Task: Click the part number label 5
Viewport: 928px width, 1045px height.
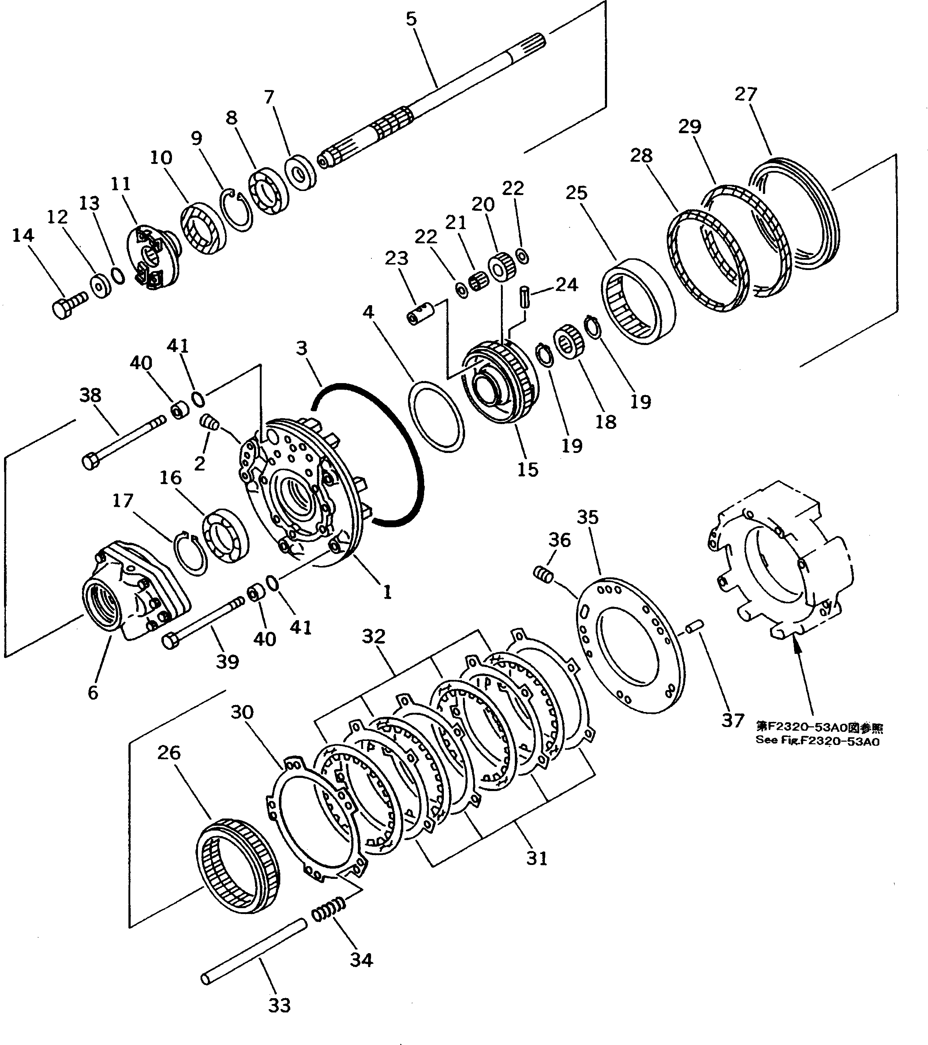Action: point(411,19)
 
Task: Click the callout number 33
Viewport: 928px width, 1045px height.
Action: point(279,1005)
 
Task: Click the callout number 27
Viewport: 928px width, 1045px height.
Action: point(745,94)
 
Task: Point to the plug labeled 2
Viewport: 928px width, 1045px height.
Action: point(209,422)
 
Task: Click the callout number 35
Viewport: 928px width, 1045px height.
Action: point(587,517)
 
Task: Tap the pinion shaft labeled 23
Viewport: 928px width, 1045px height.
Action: point(420,314)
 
